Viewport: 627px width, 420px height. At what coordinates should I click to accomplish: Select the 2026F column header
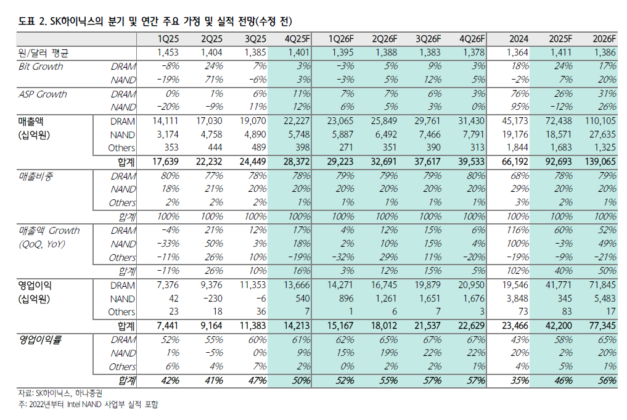coord(603,39)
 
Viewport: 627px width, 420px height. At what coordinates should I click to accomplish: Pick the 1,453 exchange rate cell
coord(168,52)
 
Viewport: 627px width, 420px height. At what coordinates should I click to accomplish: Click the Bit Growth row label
coord(41,67)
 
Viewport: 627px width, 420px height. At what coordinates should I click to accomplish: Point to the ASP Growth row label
coord(43,94)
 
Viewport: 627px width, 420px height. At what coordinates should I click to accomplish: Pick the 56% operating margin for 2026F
coord(607,381)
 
